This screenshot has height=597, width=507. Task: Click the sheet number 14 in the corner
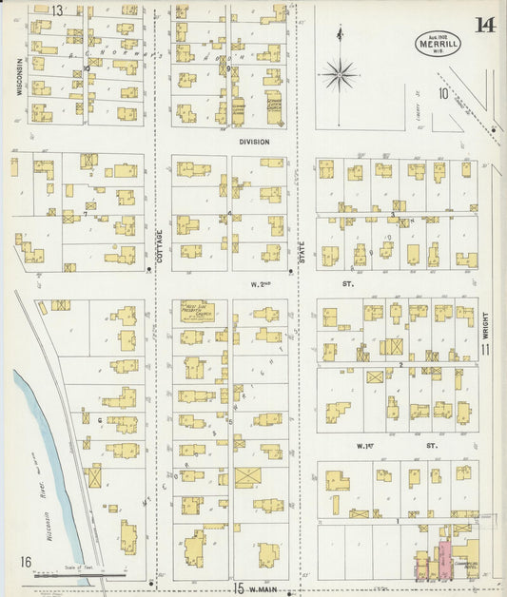[484, 25]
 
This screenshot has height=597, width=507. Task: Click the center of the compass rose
[340, 72]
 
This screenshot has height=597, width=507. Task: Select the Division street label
[254, 142]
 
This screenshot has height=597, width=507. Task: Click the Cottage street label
[159, 245]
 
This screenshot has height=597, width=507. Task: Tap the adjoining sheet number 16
[26, 562]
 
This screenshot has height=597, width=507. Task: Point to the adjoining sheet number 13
[57, 10]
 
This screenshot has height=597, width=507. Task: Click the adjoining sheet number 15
[239, 587]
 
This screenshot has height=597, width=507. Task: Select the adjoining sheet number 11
[485, 350]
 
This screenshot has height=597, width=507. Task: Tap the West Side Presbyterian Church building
[198, 312]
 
